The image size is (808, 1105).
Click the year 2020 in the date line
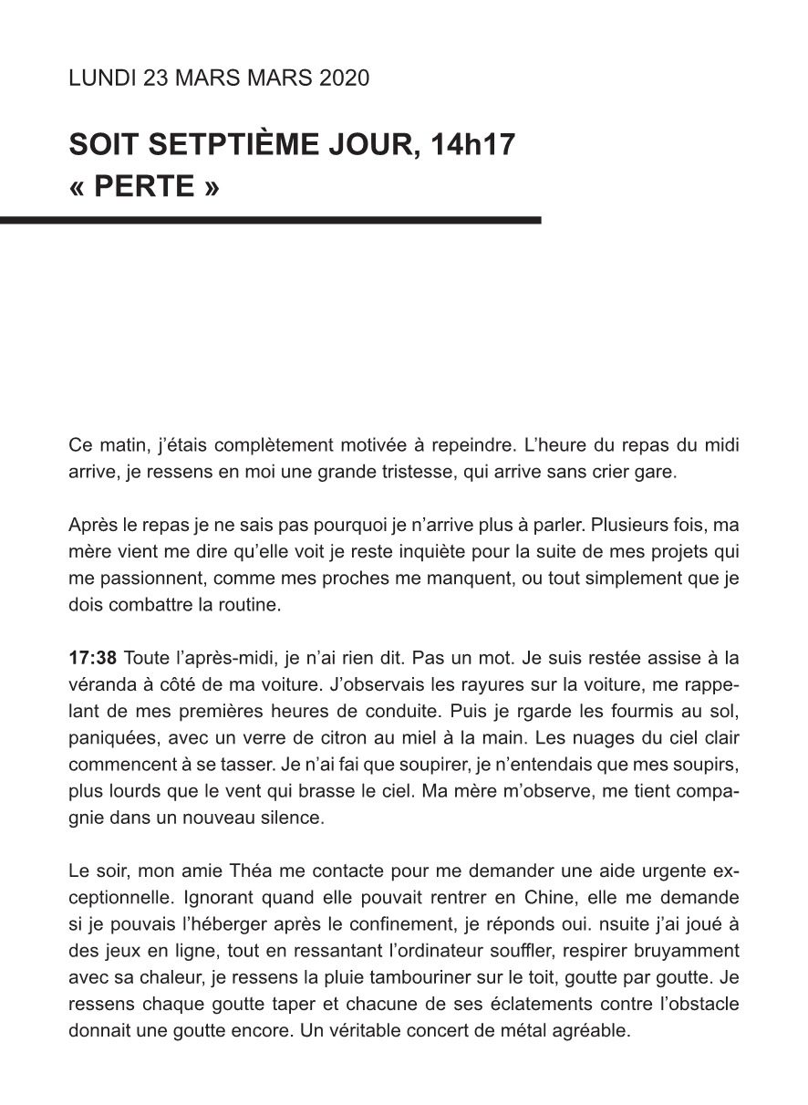pyautogui.click(x=345, y=78)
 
